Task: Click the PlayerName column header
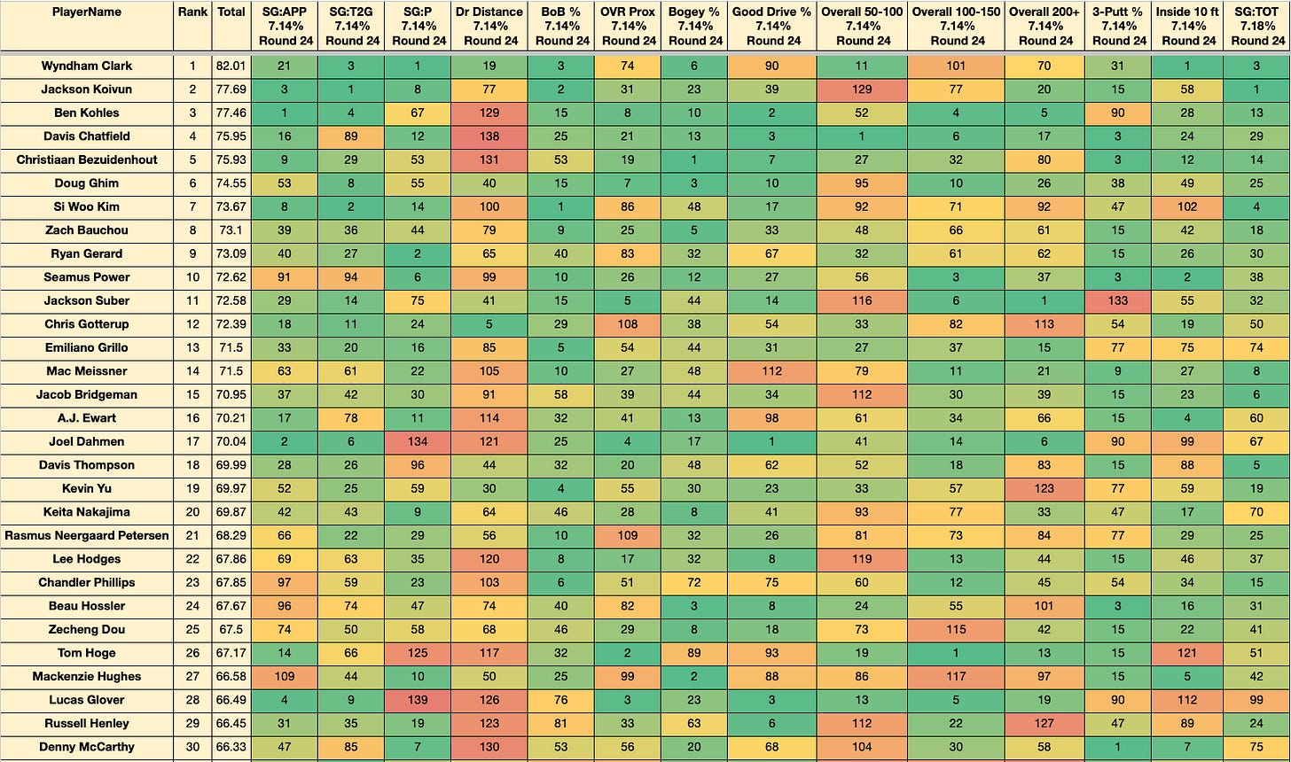[x=87, y=12]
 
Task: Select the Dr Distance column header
[x=489, y=26]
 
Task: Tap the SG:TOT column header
[x=1257, y=26]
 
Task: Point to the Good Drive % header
[x=771, y=26]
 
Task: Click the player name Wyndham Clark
[x=87, y=66]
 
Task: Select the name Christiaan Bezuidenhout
[x=87, y=159]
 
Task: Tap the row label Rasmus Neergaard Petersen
[x=87, y=536]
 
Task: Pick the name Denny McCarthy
[x=87, y=747]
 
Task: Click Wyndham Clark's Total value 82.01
[x=231, y=66]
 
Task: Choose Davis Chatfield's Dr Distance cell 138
[x=489, y=136]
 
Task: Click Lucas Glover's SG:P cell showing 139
[x=418, y=700]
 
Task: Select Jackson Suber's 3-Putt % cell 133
[x=1118, y=300]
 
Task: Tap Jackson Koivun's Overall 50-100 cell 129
[x=862, y=89]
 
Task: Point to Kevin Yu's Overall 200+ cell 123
[x=1045, y=488]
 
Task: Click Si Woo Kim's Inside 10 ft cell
[x=1187, y=206]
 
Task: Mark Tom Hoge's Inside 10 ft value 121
[x=1187, y=653]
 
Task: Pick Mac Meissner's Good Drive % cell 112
[x=771, y=371]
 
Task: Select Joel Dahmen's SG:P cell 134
[x=418, y=442]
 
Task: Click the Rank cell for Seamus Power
[x=192, y=277]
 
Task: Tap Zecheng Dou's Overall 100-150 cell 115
[x=956, y=629]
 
